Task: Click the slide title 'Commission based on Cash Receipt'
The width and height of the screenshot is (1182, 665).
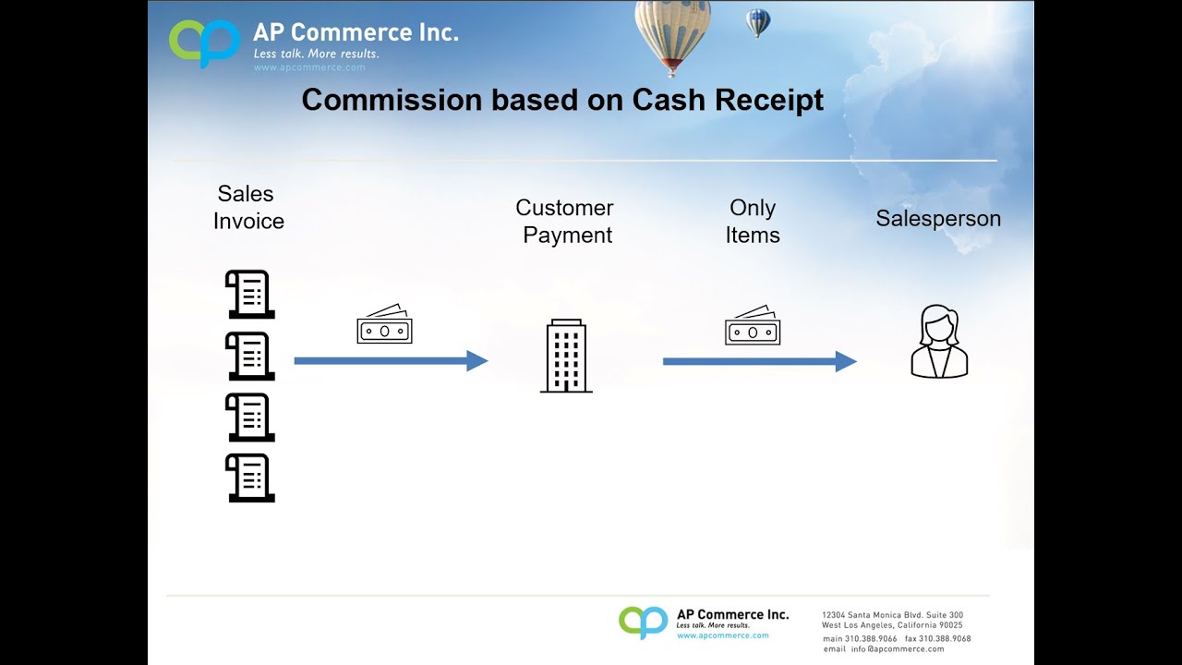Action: pyautogui.click(x=562, y=100)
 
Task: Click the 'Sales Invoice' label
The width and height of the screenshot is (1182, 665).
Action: pyautogui.click(x=247, y=208)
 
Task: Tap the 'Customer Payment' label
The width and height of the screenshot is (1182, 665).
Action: pyautogui.click(x=565, y=222)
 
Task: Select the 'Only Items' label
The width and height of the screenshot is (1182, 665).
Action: pyautogui.click(x=752, y=222)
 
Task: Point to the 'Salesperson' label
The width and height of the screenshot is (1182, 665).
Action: pyautogui.click(x=937, y=219)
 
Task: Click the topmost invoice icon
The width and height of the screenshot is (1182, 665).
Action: pyautogui.click(x=249, y=295)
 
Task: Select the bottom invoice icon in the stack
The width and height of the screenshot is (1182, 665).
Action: pyautogui.click(x=249, y=478)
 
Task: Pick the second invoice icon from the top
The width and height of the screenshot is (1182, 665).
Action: pyautogui.click(x=249, y=356)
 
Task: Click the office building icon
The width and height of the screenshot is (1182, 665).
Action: pyautogui.click(x=565, y=357)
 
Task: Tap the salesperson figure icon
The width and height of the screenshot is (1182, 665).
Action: pyautogui.click(x=939, y=342)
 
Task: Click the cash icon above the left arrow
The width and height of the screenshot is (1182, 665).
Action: pyautogui.click(x=384, y=325)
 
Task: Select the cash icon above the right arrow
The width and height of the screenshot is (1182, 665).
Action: pyautogui.click(x=753, y=325)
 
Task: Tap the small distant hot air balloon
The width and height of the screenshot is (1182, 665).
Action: pyautogui.click(x=758, y=22)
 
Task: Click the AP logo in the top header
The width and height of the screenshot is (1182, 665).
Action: pyautogui.click(x=204, y=42)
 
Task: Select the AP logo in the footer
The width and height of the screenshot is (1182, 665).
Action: pyautogui.click(x=643, y=622)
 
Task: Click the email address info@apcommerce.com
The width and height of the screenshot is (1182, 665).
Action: pyautogui.click(x=898, y=649)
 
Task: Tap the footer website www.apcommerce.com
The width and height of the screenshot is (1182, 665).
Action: pyautogui.click(x=722, y=635)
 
